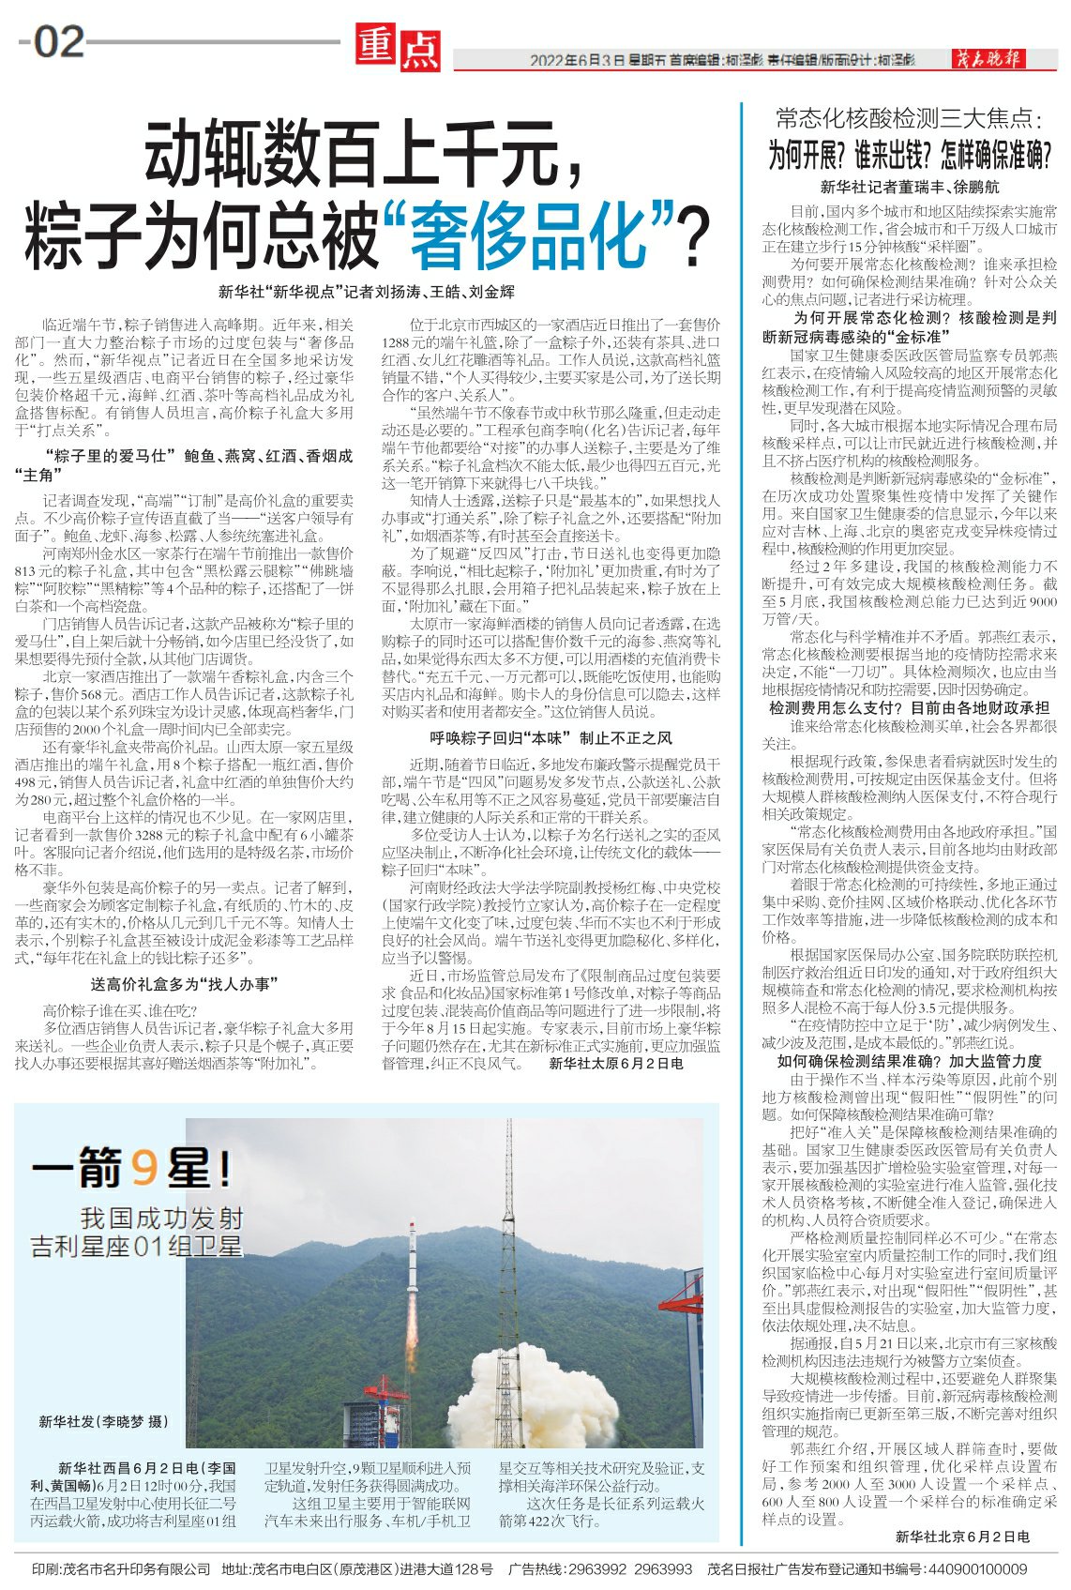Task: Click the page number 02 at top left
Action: pos(58,43)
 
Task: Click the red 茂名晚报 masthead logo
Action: pos(990,58)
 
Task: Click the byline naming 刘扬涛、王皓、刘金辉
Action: pos(367,292)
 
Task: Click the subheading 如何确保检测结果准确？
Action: pos(909,1061)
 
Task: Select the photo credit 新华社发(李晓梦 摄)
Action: pos(104,1422)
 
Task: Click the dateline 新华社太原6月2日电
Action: pos(616,1064)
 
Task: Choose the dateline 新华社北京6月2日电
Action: pos(962,1536)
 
